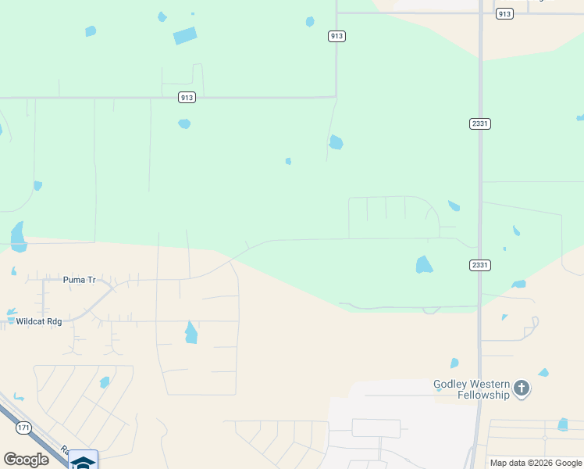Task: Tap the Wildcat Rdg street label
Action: [38, 321]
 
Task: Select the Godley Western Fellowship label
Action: [472, 389]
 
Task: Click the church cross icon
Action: [522, 388]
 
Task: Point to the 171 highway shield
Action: [23, 428]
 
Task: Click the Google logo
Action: [26, 460]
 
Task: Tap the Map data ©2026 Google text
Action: [536, 463]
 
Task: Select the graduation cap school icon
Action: [83, 461]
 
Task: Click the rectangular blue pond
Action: [185, 36]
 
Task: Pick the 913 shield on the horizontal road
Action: [186, 97]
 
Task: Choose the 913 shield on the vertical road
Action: [336, 36]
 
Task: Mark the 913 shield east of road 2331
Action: [504, 13]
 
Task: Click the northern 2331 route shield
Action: [480, 124]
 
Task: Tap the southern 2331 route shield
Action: [480, 265]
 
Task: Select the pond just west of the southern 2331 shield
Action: [424, 264]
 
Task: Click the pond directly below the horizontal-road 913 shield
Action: [184, 124]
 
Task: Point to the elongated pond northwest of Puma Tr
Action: [18, 236]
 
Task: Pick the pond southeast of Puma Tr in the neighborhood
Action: [191, 333]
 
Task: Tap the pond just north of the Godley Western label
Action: [454, 363]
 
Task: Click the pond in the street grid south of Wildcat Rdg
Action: [105, 382]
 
